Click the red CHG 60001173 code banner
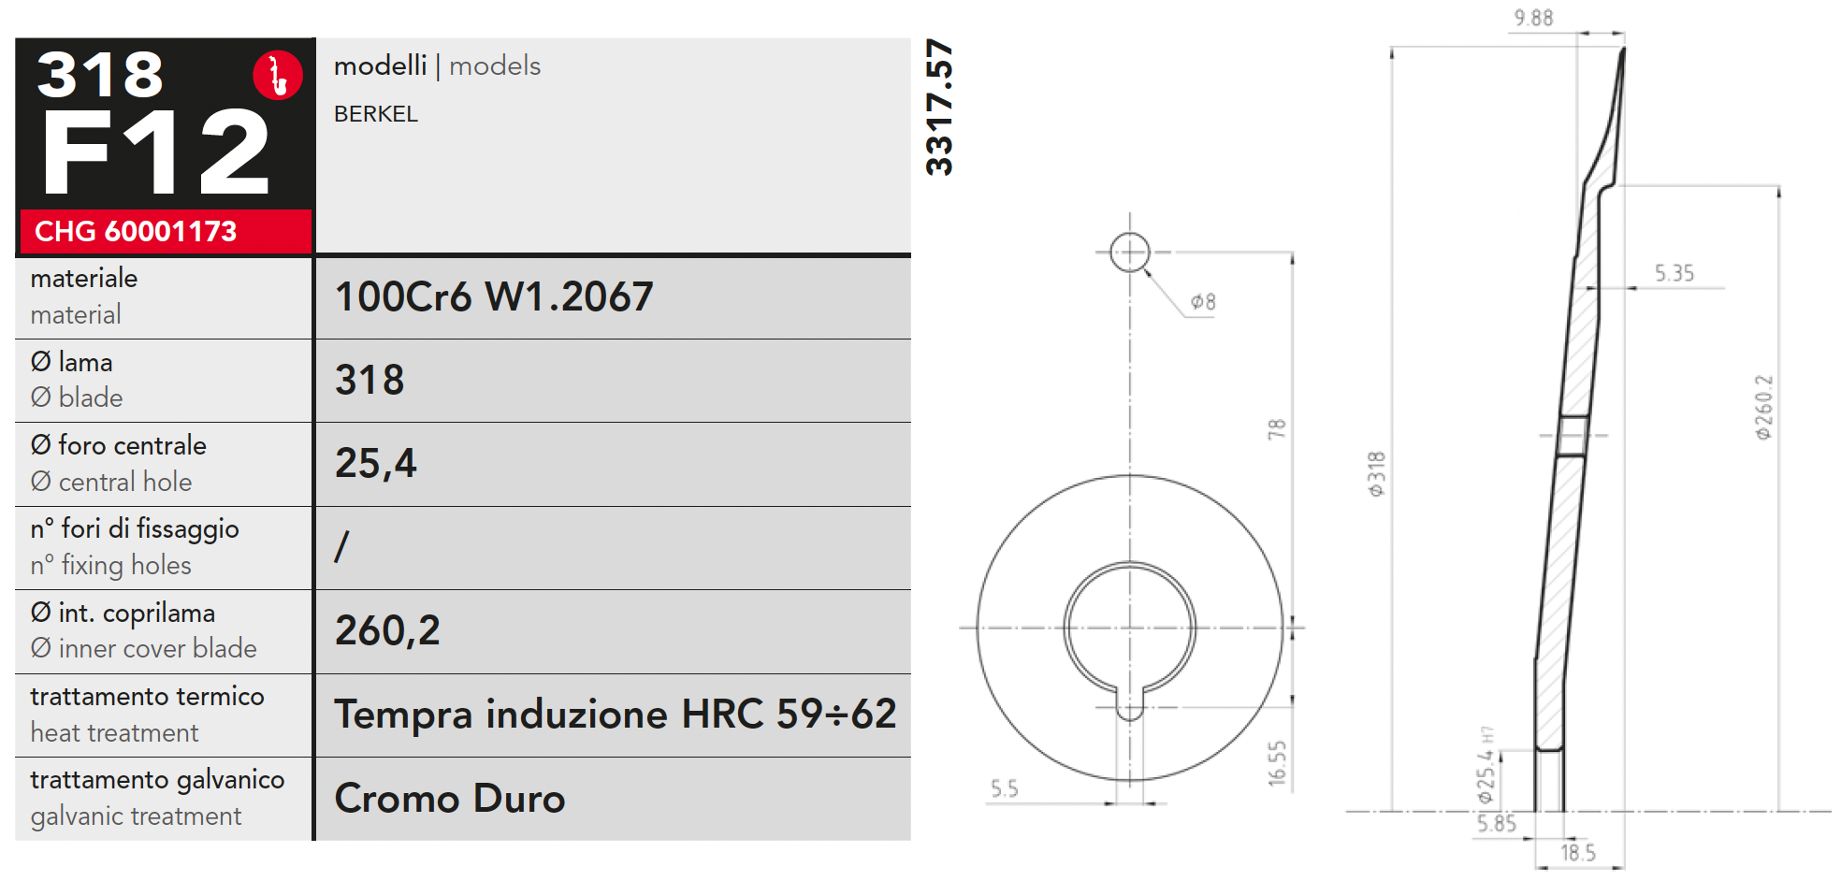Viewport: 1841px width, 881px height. [x=166, y=231]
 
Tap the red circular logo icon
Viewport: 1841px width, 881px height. [x=278, y=75]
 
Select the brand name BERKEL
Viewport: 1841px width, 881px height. [x=376, y=114]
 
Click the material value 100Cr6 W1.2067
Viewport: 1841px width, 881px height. [x=494, y=297]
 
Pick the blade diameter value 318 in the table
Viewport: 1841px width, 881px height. [x=370, y=381]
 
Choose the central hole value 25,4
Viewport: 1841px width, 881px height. [x=376, y=464]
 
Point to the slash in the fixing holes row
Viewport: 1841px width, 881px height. [x=342, y=546]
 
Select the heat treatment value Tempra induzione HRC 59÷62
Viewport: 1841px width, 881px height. [x=616, y=715]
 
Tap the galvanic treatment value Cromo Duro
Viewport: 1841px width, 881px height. [x=450, y=799]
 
